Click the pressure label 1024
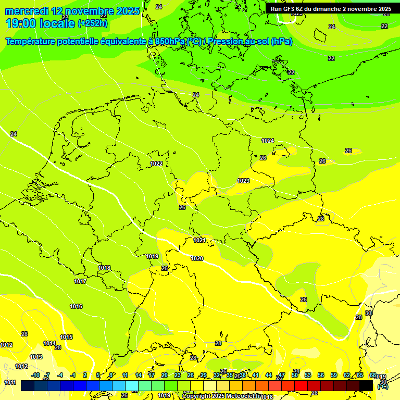pos(268,141)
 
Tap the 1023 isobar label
pos(243,181)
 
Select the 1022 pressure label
pos(156,164)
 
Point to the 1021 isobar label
pos(199,240)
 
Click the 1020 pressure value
pos(197,258)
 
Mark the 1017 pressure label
pos(80,281)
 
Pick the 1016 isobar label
pos(76,306)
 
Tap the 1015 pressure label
pos(66,337)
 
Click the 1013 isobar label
pos(36,357)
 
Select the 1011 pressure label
pos(10,382)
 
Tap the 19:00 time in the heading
pos(21,23)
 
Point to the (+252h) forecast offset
pos(93,23)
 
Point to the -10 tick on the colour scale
pos(35,375)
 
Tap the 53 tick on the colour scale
pos(308,375)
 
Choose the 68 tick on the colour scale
pos(373,375)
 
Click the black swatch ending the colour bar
pos(366,385)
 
